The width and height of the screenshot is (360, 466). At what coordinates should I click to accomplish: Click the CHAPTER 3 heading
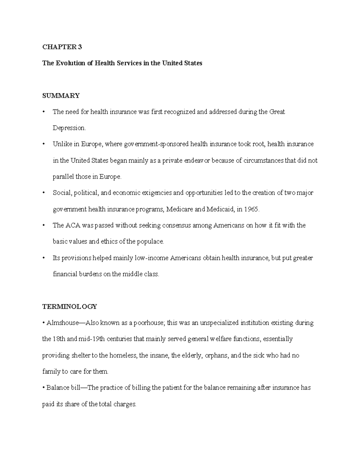(62, 47)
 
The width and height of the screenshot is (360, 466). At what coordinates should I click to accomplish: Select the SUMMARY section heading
(61, 96)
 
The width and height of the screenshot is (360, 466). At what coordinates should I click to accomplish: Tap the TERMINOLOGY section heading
(70, 306)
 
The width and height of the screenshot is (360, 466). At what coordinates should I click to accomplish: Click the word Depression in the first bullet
(69, 128)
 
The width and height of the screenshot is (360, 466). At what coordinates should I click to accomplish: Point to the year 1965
(251, 209)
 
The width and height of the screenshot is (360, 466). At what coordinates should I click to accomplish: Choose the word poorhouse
(148, 323)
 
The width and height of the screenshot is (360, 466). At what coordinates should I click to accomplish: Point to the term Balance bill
(63, 388)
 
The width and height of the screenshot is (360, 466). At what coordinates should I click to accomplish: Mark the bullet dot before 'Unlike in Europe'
(44, 144)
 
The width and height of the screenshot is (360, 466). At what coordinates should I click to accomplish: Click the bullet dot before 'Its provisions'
(44, 258)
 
